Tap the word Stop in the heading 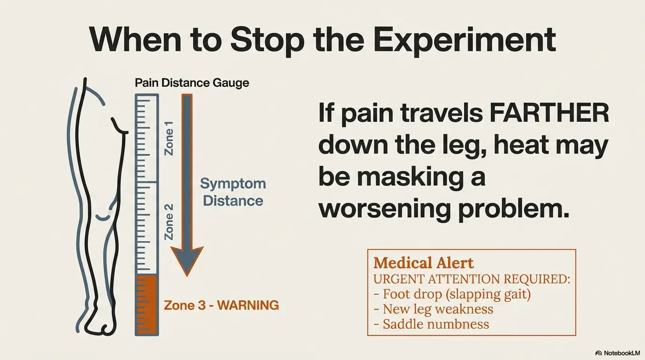pyautogui.click(x=267, y=40)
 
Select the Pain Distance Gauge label pyautogui.click(x=192, y=83)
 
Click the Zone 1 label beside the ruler pyautogui.click(x=169, y=138)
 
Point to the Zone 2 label pyautogui.click(x=169, y=222)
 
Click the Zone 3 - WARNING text pyautogui.click(x=221, y=305)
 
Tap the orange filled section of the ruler pyautogui.click(x=147, y=305)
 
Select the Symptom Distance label pyautogui.click(x=233, y=192)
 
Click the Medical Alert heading pyautogui.click(x=424, y=263)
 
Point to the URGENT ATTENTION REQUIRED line pyautogui.click(x=472, y=279)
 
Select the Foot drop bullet pyautogui.click(x=452, y=294)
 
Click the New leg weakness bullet pyautogui.click(x=433, y=309)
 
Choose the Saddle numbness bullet pyautogui.click(x=431, y=324)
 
